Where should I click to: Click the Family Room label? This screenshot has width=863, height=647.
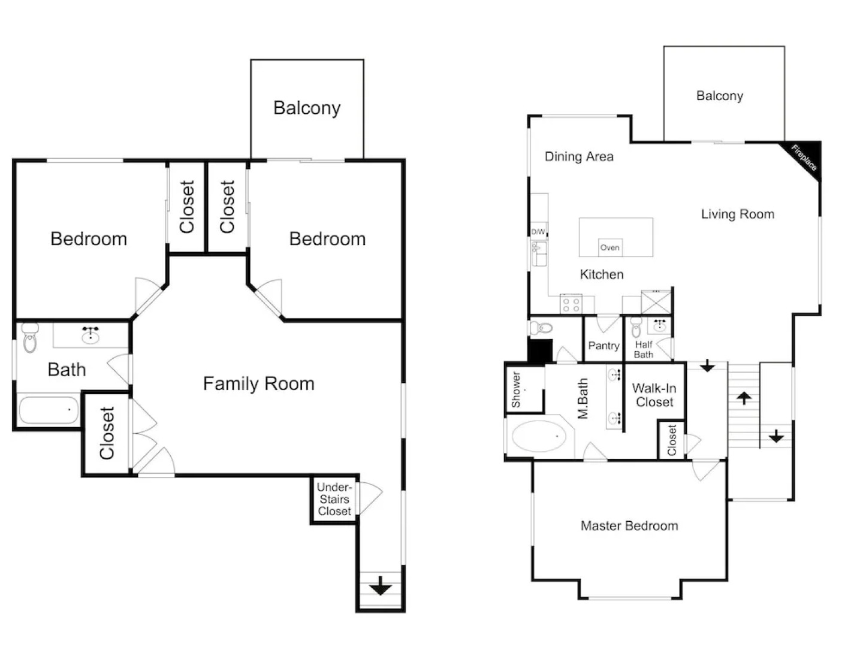(258, 384)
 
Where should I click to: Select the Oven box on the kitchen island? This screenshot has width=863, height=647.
(610, 247)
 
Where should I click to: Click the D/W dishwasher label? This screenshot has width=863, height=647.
(538, 232)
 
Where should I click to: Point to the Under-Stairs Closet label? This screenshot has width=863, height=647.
(334, 499)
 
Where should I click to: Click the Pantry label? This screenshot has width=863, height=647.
(604, 346)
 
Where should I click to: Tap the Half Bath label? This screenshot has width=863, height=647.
(644, 350)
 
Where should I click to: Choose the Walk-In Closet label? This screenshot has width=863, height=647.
(654, 395)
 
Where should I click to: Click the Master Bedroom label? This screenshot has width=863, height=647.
(629, 525)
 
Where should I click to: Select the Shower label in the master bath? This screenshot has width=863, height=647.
(516, 389)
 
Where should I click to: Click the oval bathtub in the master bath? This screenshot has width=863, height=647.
(539, 437)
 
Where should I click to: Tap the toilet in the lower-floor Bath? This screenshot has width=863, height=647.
(30, 337)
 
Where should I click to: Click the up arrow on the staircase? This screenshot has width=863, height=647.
(744, 398)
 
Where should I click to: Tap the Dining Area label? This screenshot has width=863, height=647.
(579, 157)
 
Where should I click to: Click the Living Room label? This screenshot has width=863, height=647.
(738, 214)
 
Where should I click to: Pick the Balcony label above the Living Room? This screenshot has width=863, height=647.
(720, 96)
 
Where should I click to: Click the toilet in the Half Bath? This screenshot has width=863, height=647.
(636, 327)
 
